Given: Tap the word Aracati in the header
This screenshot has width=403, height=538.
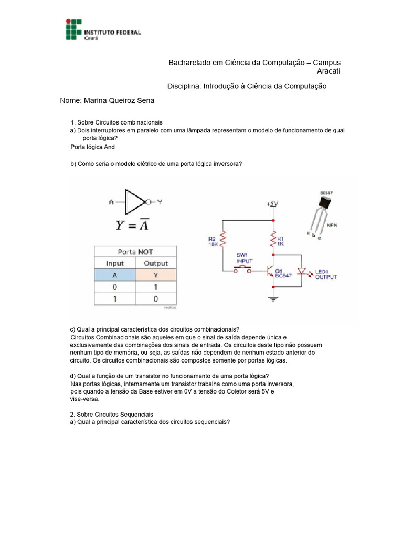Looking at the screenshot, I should (329, 71).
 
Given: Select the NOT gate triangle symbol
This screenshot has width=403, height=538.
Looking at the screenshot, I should (135, 201).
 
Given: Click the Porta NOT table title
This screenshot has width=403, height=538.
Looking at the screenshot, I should (135, 252).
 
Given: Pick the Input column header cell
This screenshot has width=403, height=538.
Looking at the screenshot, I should (115, 263).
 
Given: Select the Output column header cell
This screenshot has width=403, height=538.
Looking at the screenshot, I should (156, 263).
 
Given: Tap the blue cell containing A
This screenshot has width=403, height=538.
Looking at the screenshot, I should (115, 275).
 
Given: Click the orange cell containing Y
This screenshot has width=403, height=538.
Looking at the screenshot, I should (156, 275).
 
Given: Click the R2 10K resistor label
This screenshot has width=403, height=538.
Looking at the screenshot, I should (213, 241).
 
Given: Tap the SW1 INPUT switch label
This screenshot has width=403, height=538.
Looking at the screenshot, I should (245, 257).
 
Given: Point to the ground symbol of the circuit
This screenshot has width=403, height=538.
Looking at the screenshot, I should (273, 298).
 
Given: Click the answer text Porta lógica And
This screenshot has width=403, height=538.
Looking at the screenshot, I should (92, 147).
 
